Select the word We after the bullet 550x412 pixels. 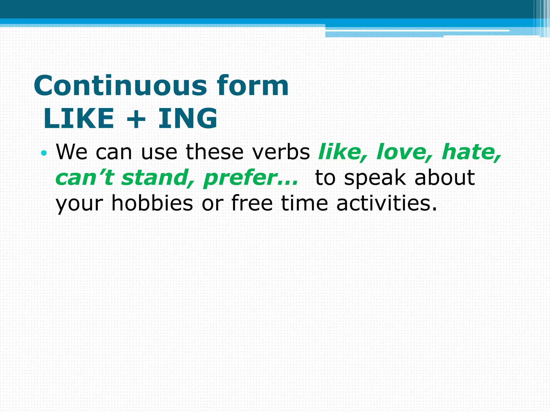71,152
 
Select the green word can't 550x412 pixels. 84,178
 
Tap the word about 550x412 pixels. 445,178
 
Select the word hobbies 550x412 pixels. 152,203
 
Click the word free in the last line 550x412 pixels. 252,203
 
